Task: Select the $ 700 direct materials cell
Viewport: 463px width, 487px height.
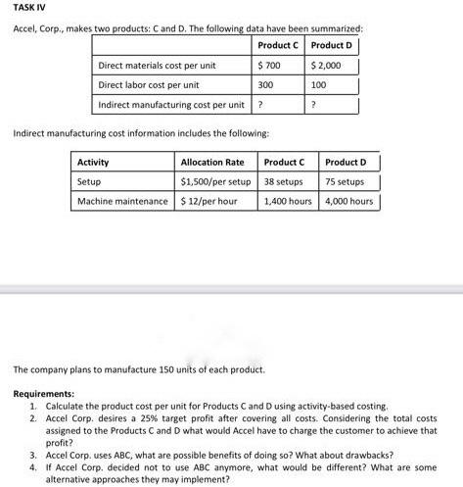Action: pyautogui.click(x=268, y=66)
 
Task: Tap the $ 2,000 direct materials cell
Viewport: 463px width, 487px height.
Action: pyautogui.click(x=326, y=66)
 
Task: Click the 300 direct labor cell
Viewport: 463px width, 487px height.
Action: pyautogui.click(x=264, y=85)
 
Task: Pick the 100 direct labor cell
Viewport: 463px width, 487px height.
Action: pyautogui.click(x=319, y=85)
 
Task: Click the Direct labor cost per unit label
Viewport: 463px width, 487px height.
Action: pyautogui.click(x=149, y=85)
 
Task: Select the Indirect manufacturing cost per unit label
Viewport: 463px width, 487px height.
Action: pyautogui.click(x=171, y=105)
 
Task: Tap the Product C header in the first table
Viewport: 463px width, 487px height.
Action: pyautogui.click(x=279, y=46)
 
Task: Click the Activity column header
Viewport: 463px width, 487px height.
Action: pyautogui.click(x=93, y=162)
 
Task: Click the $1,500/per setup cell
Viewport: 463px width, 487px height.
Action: pyautogui.click(x=216, y=181)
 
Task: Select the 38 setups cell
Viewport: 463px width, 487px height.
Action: pyautogui.click(x=285, y=181)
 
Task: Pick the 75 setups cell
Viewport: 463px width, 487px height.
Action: pyautogui.click(x=346, y=181)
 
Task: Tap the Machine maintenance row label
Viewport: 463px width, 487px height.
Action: pyautogui.click(x=122, y=201)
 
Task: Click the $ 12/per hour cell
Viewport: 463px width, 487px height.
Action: pyautogui.click(x=209, y=201)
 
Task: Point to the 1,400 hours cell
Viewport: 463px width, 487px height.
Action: pyautogui.click(x=288, y=201)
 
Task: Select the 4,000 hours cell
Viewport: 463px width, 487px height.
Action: pyautogui.click(x=348, y=201)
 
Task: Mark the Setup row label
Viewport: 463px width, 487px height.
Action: pyautogui.click(x=89, y=181)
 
